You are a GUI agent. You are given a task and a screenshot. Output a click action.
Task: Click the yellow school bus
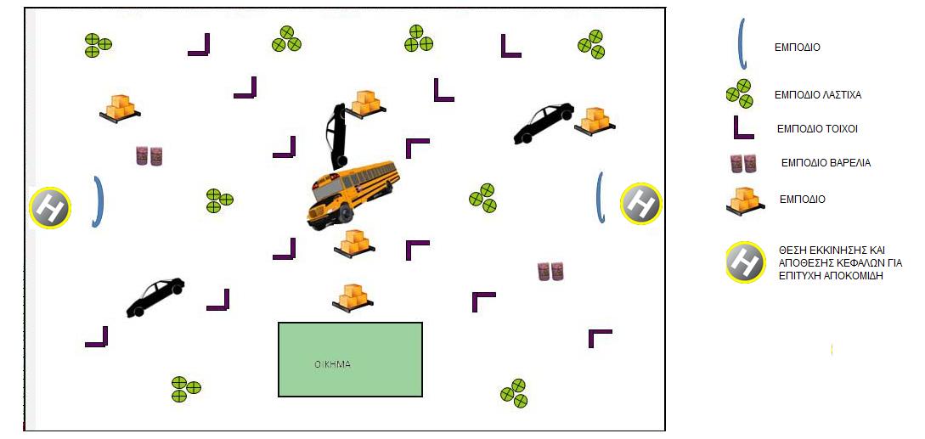(353, 194)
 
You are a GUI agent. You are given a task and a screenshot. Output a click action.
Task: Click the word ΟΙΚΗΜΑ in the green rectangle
(333, 364)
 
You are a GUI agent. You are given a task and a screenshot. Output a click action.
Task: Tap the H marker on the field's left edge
(50, 208)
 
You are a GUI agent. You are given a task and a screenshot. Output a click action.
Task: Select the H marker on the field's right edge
(641, 204)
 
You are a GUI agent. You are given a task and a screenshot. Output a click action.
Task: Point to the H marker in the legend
(746, 262)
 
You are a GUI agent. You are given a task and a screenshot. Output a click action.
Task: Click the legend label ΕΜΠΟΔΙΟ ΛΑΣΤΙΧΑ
(818, 94)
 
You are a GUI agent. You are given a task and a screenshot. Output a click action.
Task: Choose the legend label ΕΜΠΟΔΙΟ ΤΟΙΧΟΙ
(816, 128)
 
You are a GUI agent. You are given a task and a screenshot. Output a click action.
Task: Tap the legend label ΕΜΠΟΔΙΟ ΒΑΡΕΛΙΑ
(826, 163)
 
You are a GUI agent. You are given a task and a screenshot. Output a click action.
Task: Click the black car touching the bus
(336, 136)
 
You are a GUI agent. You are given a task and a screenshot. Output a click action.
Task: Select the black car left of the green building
(155, 297)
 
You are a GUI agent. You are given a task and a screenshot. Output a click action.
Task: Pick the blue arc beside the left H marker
(99, 201)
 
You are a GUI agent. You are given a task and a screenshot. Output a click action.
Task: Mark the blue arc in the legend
(742, 43)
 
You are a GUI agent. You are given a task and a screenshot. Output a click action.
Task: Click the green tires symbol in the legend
(739, 93)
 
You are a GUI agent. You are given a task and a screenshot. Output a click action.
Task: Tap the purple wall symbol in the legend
(743, 128)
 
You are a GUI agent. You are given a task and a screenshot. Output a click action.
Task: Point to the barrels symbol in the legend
(743, 163)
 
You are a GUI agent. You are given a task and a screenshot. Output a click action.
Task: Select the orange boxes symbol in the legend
(745, 201)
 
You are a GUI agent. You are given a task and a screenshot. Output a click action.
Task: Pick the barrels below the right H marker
(550, 272)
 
